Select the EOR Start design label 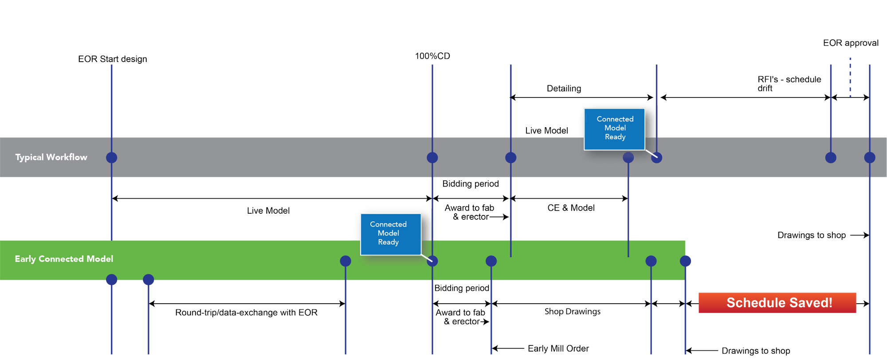[112, 59]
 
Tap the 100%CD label [432, 56]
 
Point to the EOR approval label [850, 43]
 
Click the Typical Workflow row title [51, 157]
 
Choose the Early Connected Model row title [64, 259]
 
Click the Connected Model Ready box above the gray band [615, 129]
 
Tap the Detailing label [564, 89]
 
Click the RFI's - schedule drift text [789, 84]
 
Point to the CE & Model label [571, 208]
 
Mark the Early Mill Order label [558, 348]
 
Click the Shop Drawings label [573, 312]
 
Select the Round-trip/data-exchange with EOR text [246, 313]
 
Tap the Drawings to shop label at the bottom [755, 351]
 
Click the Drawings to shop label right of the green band [812, 235]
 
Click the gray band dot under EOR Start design [112, 157]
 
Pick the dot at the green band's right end [686, 261]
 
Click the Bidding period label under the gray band [471, 184]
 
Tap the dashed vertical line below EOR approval [850, 78]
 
